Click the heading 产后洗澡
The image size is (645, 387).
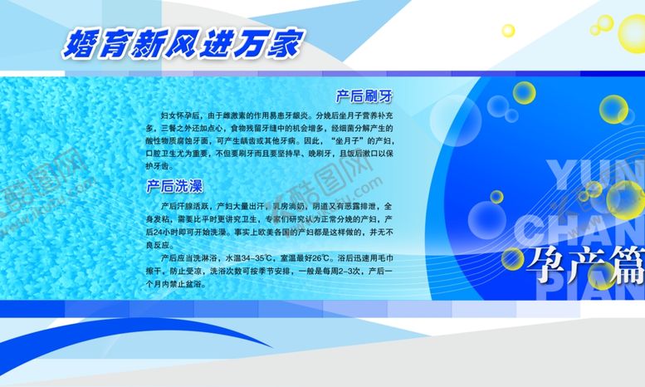174,185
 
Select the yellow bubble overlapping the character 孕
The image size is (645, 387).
512,258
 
